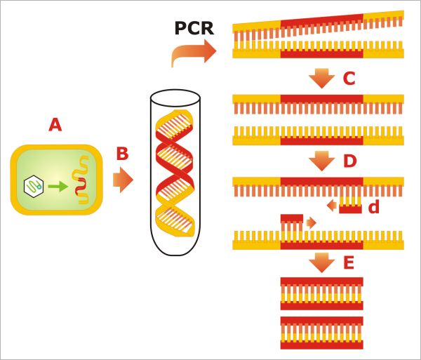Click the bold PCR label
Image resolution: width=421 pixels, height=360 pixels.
click(194, 29)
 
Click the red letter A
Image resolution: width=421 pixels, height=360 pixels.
click(55, 125)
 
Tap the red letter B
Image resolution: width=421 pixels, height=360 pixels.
click(122, 153)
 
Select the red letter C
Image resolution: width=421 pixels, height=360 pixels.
click(349, 79)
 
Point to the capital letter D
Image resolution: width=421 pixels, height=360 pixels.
click(350, 161)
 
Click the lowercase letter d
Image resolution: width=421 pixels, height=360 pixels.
click(373, 207)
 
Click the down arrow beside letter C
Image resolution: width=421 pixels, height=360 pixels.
click(321, 78)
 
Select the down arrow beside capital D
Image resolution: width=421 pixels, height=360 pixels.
click(321, 161)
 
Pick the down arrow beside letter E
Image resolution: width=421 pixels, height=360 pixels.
click(321, 262)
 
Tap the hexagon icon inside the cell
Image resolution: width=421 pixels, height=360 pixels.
click(34, 186)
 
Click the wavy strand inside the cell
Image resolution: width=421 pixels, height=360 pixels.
click(81, 181)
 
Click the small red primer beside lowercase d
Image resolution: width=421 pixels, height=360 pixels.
click(350, 208)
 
